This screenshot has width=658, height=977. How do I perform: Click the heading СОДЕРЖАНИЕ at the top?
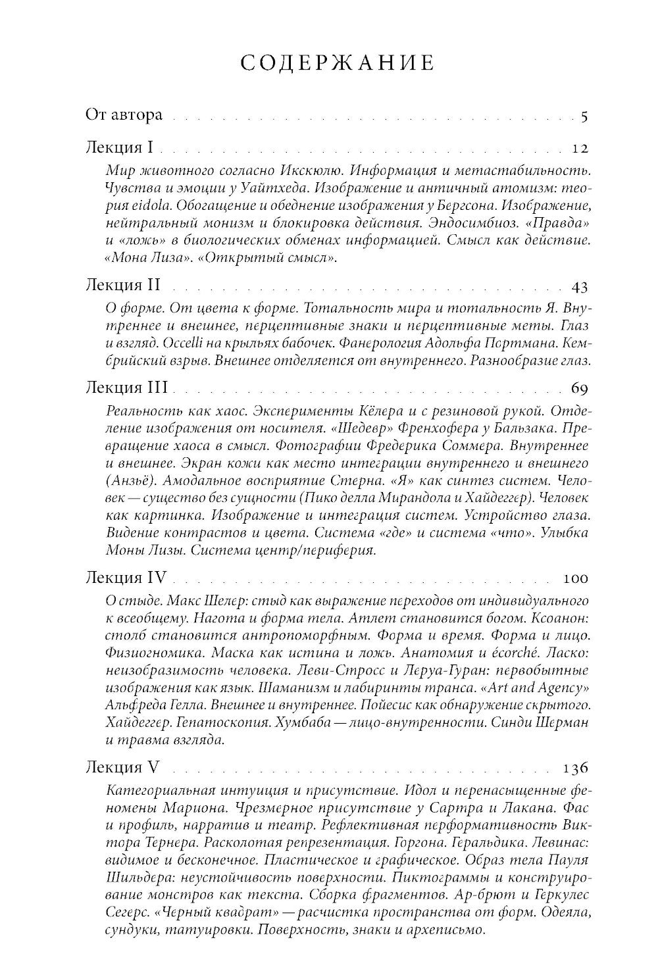337,63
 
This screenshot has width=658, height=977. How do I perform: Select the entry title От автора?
124,115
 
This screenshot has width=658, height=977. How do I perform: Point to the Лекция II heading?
124,285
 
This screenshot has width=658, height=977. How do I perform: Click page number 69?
579,387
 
